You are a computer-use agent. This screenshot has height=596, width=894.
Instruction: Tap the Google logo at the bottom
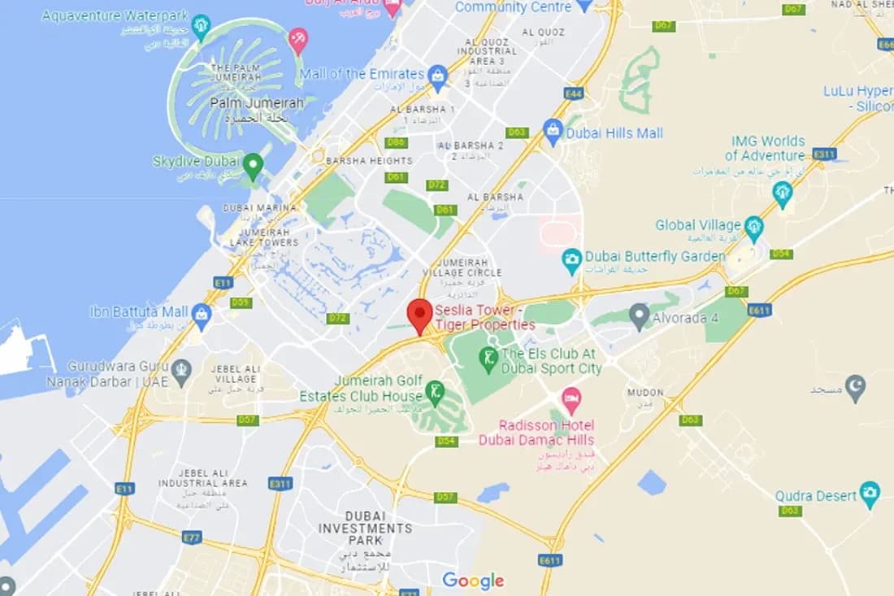coord(473,581)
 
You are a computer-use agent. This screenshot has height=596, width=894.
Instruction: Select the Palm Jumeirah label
coord(257,103)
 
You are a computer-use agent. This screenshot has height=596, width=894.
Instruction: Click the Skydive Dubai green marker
coord(253,165)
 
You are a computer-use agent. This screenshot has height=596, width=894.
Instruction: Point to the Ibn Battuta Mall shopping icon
coord(202,313)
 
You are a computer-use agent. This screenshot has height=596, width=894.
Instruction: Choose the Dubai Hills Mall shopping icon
coord(553,131)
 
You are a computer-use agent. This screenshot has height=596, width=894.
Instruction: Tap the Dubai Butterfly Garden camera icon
coord(572,259)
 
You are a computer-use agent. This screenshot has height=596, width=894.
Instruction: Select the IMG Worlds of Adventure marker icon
coord(783,193)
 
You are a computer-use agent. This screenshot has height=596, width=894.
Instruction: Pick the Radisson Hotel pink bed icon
coord(572,398)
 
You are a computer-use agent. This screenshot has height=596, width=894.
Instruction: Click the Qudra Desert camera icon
coord(870,491)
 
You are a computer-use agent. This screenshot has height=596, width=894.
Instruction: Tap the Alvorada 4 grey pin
coord(640,315)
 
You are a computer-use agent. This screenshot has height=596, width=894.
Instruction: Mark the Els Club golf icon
coord(488,357)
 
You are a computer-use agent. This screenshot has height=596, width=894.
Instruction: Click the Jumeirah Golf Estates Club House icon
coord(436,392)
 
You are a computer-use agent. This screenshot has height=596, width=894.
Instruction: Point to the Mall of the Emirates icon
coord(438,76)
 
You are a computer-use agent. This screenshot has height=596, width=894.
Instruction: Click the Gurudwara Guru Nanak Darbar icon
coord(181,370)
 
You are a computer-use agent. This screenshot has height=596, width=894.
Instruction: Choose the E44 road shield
coord(574,94)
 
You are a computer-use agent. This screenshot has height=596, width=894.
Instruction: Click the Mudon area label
coord(645,394)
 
